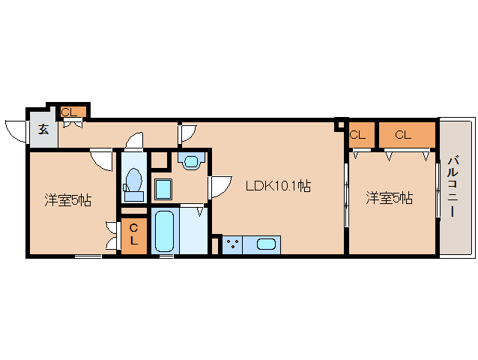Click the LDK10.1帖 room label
pos(278,186)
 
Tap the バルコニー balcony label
pos(453,187)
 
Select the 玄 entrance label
pos(43,129)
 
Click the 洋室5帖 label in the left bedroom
pos(68,200)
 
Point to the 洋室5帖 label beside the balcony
pos(390,198)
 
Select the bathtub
pos(164,231)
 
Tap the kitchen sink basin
pos(266,244)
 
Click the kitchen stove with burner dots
pos(232,244)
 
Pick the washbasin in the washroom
pos(191,160)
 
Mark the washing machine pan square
pos(163,189)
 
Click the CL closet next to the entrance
pos(73,112)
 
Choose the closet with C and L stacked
pos(134,235)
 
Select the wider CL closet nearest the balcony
pos(407,134)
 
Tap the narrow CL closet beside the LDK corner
pos(361,134)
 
